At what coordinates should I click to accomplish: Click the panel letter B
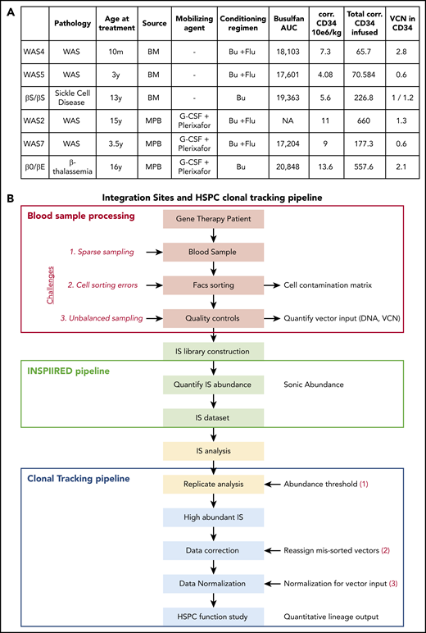pos(8,199)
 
